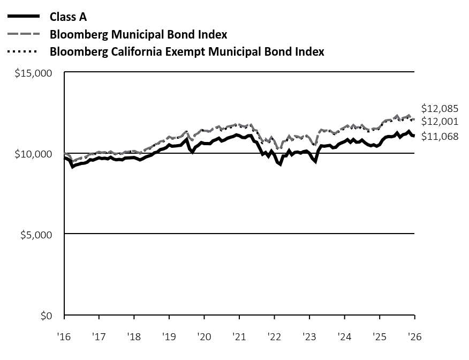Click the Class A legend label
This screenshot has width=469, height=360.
tap(68, 17)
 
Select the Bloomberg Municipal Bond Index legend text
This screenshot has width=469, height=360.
tap(139, 34)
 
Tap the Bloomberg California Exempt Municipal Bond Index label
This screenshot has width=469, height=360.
tap(187, 51)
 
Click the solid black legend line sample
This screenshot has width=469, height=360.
tap(24, 16)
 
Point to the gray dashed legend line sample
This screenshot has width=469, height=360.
tap(24, 34)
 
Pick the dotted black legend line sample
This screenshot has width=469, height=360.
tap(22, 52)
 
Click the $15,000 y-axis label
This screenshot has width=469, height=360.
tap(33, 73)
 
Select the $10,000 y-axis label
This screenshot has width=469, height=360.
tap(33, 154)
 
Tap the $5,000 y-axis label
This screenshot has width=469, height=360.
tap(36, 235)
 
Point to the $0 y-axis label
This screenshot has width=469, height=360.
tap(47, 316)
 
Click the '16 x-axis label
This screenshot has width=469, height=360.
tap(64, 336)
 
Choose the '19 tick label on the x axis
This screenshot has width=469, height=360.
tap(169, 336)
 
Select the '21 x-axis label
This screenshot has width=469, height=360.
tap(239, 336)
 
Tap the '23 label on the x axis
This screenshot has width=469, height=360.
tap(309, 336)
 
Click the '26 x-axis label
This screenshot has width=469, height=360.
tap(415, 336)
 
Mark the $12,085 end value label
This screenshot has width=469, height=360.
tap(440, 108)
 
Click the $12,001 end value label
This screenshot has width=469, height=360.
tap(440, 121)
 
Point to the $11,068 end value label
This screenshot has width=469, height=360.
tap(440, 137)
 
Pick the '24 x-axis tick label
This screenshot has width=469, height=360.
tap(344, 336)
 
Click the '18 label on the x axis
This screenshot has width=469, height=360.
tap(134, 336)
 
